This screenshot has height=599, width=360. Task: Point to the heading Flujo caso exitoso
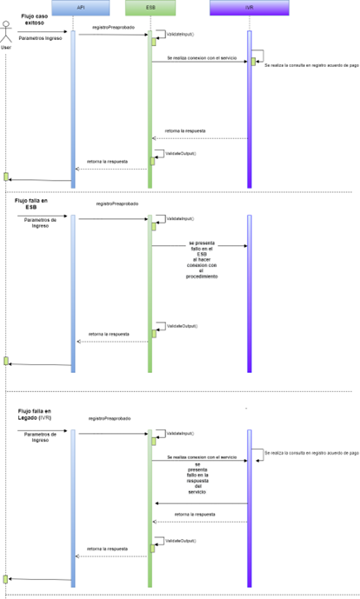click(37, 19)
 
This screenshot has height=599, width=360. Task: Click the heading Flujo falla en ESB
click(34, 203)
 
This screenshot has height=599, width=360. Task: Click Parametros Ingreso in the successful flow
click(40, 38)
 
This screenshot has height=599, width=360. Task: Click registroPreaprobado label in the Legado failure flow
click(110, 418)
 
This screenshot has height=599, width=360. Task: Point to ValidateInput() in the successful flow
click(180, 33)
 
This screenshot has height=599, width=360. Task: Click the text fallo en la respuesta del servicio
click(197, 480)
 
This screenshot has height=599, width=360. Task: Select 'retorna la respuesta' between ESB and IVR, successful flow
click(184, 131)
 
